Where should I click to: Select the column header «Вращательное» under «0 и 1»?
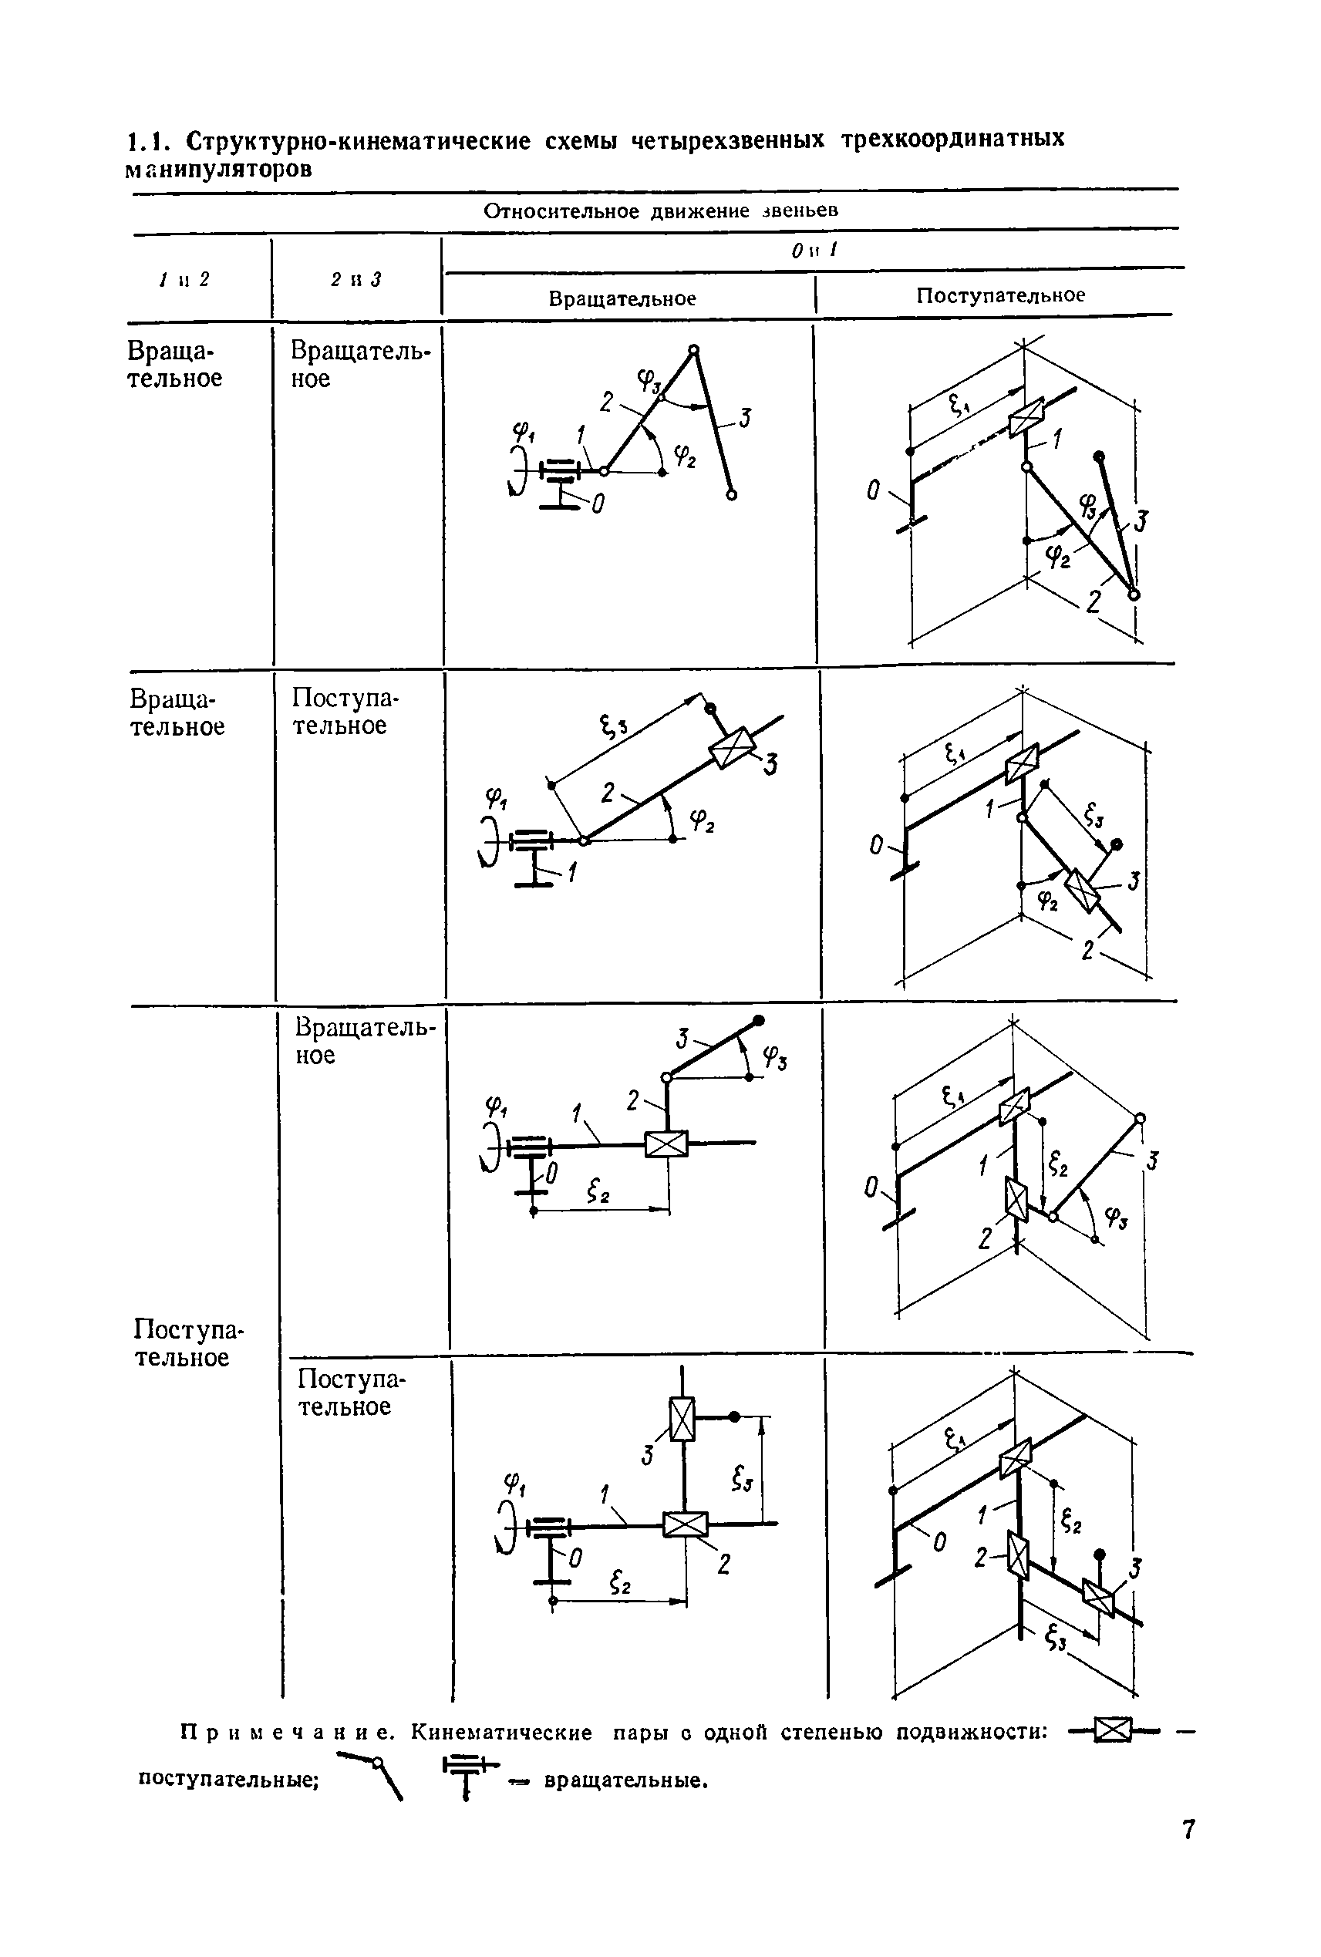click(622, 299)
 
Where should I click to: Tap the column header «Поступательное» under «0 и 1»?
click(1000, 295)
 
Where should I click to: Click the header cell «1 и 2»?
click(184, 278)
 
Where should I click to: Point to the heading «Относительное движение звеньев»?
click(661, 211)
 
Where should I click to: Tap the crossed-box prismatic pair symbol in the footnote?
click(1114, 1732)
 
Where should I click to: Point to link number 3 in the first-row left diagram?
click(744, 418)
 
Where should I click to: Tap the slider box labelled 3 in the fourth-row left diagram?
click(682, 1419)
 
